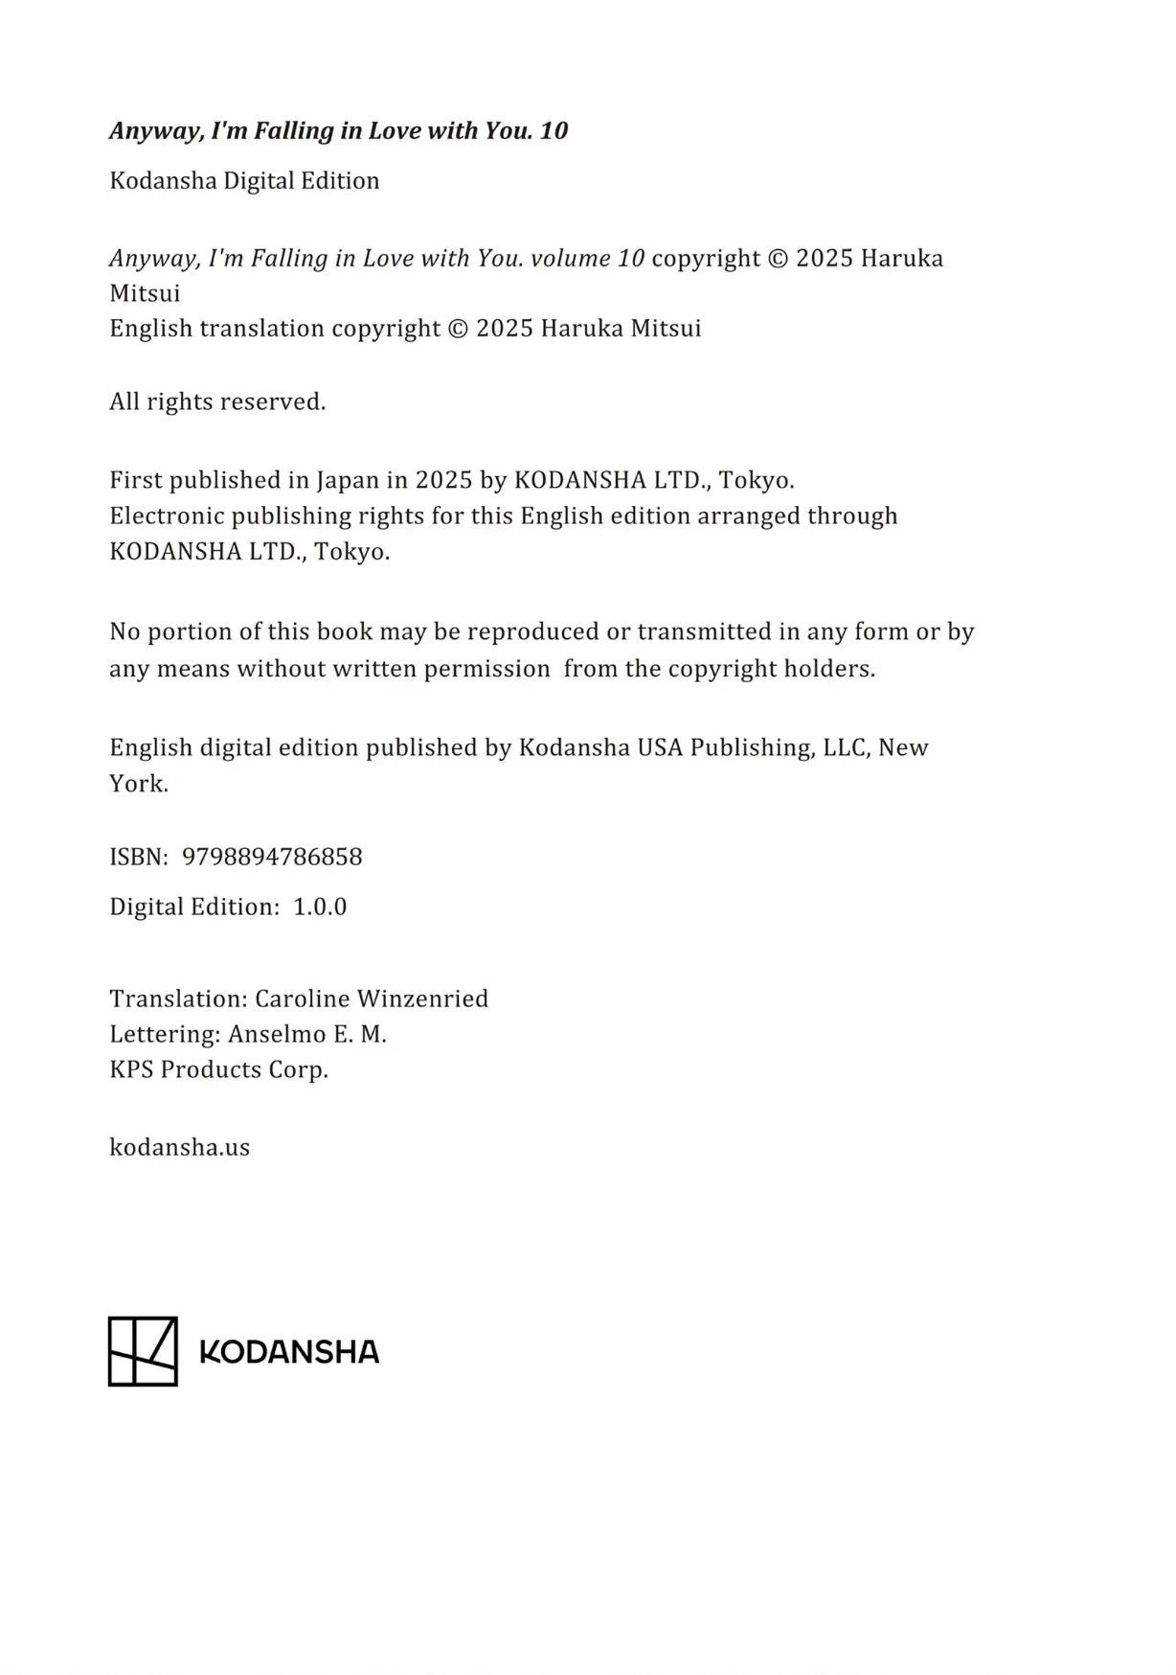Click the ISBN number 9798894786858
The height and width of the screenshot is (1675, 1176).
(272, 857)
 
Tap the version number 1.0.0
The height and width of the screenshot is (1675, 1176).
(320, 906)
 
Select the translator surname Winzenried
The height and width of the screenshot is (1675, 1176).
(422, 998)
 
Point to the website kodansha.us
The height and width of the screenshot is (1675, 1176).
(179, 1147)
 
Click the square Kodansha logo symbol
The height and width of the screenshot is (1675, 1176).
(143, 1351)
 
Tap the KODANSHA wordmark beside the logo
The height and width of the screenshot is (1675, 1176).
(289, 1352)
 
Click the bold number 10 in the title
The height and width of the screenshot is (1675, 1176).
(554, 130)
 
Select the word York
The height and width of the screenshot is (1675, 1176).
(138, 784)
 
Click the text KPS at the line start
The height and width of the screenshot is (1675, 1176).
(131, 1069)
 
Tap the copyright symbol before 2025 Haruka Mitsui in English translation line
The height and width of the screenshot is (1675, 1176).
(459, 329)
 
